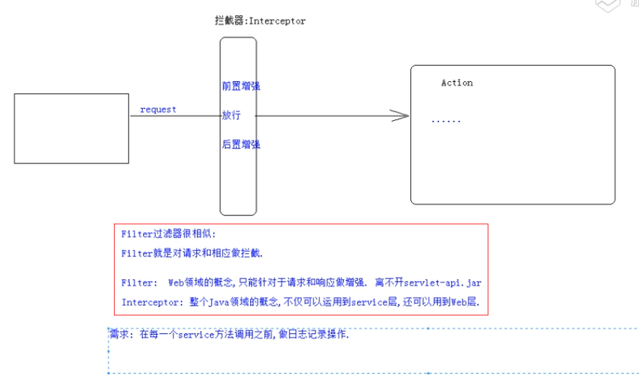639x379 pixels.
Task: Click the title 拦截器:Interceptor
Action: tap(260, 21)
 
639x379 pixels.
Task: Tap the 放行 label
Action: tap(232, 115)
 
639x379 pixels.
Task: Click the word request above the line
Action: tap(158, 109)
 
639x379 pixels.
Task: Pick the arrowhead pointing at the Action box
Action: tap(400, 116)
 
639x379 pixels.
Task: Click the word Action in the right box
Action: tap(457, 83)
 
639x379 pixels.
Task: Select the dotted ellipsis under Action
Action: tap(446, 121)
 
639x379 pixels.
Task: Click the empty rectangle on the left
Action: tap(71, 129)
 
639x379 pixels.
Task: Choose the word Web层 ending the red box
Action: tap(464, 302)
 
